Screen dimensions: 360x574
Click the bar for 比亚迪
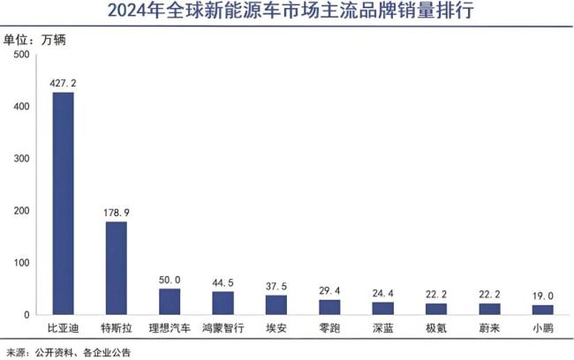point(64,204)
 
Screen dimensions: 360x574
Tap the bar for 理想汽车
point(170,302)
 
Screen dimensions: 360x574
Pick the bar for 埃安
point(276,304)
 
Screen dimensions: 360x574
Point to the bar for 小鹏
point(542,310)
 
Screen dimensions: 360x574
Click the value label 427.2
point(64,83)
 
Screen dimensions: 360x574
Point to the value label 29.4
point(329,290)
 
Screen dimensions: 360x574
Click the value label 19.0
point(542,296)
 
